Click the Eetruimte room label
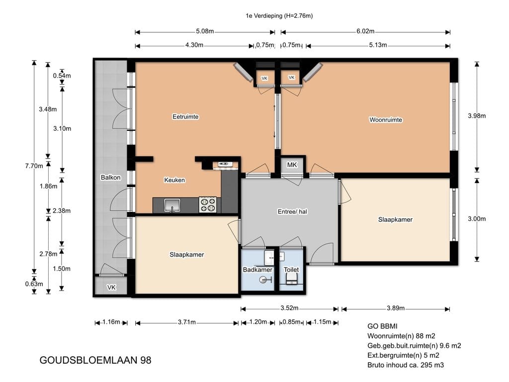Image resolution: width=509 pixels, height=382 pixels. (x=185, y=116)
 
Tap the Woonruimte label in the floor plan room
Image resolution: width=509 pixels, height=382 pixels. (x=386, y=119)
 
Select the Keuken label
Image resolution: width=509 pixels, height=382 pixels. (x=174, y=180)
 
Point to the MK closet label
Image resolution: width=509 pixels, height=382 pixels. (x=292, y=165)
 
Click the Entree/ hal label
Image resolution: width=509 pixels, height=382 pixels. (x=292, y=211)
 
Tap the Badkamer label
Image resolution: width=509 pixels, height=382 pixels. (x=257, y=270)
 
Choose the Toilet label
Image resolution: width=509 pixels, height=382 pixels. (x=291, y=270)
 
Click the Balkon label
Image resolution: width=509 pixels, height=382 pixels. (x=111, y=178)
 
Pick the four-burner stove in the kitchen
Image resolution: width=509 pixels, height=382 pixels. (x=207, y=204)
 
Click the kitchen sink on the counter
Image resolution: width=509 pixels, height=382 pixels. (x=171, y=205)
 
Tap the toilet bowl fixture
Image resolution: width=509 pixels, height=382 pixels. (x=291, y=279)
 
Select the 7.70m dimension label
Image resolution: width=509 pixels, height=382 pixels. (x=34, y=166)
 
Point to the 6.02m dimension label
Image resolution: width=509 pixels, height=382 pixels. (x=365, y=31)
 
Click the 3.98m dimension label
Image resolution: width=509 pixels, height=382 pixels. (x=477, y=115)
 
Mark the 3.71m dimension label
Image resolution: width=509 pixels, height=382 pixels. (x=187, y=322)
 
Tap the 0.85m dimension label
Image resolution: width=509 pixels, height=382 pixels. (x=291, y=322)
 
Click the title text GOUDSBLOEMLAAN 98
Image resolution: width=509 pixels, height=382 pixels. (x=95, y=360)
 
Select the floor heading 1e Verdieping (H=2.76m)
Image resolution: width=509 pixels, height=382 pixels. (x=279, y=15)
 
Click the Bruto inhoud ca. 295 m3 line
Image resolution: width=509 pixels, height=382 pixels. (x=406, y=365)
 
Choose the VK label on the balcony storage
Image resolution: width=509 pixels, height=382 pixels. (x=111, y=287)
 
